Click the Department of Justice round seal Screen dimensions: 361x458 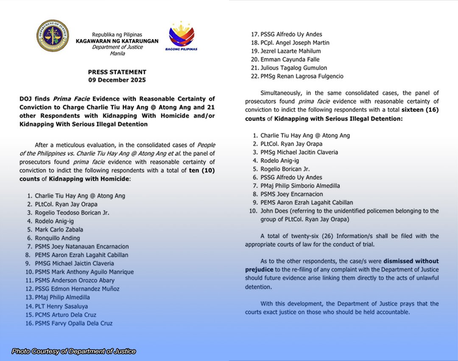(52, 36)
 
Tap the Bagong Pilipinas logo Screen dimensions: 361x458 (181, 36)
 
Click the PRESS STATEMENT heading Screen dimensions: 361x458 (117, 72)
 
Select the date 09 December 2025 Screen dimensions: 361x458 (117, 80)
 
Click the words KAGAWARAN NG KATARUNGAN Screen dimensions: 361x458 (117, 41)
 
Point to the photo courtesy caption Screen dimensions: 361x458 (74, 351)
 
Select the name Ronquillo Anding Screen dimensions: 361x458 (57, 238)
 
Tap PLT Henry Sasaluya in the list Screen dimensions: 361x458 (61, 306)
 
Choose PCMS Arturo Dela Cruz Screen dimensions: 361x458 (65, 315)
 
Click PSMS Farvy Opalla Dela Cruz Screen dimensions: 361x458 (73, 323)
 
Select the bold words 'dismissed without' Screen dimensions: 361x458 (411, 261)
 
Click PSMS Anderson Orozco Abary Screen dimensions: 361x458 (75, 280)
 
